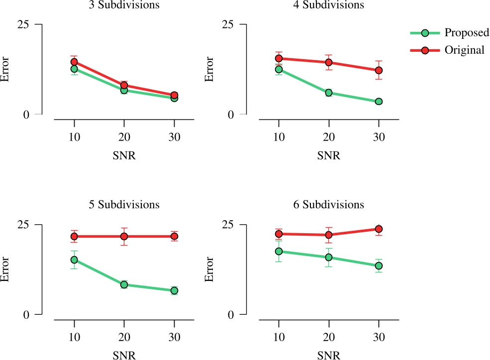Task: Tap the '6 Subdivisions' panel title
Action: [x=328, y=205]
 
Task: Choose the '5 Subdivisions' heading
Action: [x=124, y=205]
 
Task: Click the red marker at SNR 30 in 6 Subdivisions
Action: [x=379, y=229]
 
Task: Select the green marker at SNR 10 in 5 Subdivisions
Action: [x=74, y=260]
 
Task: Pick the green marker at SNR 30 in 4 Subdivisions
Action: [x=379, y=101]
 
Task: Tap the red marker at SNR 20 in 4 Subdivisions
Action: [x=329, y=62]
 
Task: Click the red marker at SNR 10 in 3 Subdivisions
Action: [x=74, y=62]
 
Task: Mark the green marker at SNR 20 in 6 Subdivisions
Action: [x=329, y=257]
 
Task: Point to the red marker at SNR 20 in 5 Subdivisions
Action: [x=124, y=236]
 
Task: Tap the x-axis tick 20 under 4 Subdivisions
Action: [x=329, y=136]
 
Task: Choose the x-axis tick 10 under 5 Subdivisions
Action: [x=74, y=337]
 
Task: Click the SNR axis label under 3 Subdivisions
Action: [x=124, y=155]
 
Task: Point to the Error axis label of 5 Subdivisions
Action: [x=6, y=270]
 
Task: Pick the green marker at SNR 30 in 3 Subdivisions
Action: [x=174, y=98]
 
